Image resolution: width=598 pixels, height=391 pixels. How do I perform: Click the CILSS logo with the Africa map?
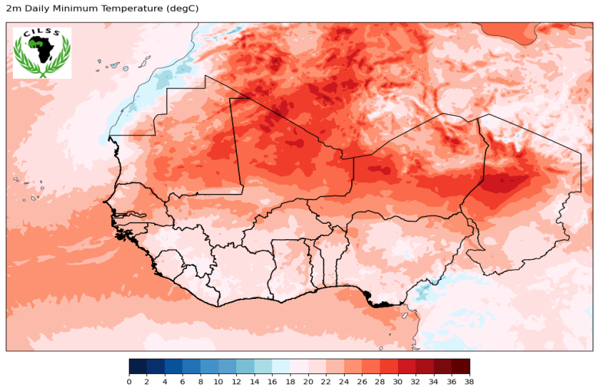coord(42,52)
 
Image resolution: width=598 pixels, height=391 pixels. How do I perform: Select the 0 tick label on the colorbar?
coord(129,381)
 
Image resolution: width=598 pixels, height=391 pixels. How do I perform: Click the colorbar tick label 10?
coord(219,381)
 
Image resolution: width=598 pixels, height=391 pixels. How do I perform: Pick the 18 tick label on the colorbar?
coord(290,381)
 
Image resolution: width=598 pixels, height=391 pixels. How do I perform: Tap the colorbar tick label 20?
coord(308,381)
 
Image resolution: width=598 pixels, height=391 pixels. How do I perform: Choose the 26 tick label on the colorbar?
coord(362,381)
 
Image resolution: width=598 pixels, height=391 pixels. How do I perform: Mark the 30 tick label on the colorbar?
coord(398,381)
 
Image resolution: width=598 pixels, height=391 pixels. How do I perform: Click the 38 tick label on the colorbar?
coord(469,381)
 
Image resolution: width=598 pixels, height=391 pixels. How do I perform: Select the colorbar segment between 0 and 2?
coord(138,366)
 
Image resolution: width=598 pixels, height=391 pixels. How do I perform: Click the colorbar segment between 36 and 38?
coord(460,366)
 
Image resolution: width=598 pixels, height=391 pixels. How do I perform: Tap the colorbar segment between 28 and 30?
coord(389,366)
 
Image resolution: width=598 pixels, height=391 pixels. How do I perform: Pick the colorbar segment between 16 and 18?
coord(281,366)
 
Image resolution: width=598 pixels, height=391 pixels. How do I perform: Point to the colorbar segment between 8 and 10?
coord(209,366)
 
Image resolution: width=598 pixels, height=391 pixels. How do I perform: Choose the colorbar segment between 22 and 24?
coord(335,366)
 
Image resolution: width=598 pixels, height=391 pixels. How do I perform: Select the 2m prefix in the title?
coord(11,8)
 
